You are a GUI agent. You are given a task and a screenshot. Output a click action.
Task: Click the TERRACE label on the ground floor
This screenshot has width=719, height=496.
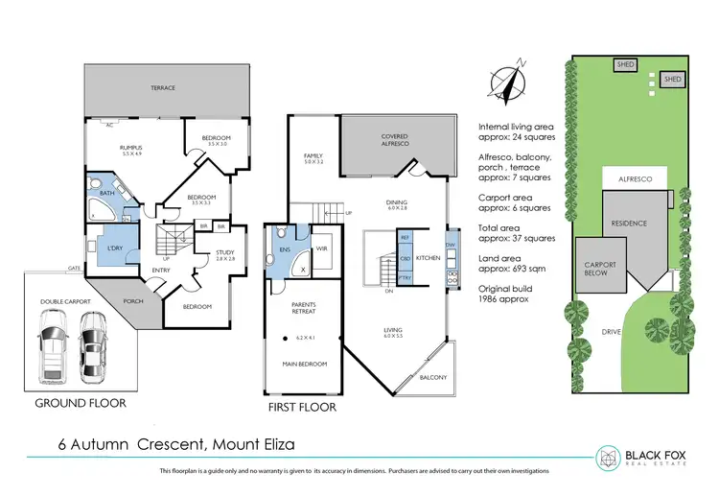coord(163,88)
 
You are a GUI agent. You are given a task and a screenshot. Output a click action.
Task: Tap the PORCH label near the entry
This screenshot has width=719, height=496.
coord(133,300)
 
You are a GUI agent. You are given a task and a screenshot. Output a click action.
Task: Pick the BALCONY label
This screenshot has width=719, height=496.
coord(433,377)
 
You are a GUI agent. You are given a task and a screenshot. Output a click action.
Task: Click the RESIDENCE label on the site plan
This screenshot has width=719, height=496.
coord(629,224)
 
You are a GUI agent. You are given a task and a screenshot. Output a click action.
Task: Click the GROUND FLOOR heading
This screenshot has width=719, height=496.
coord(81,403)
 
